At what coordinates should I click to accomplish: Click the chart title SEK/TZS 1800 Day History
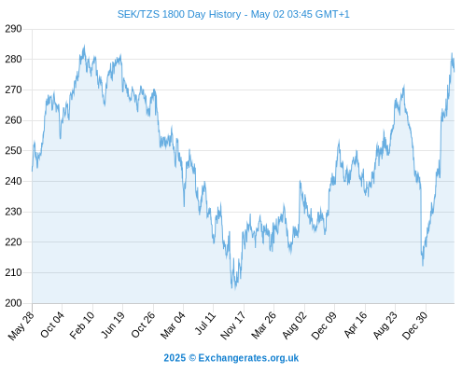179,14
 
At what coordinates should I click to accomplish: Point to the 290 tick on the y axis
13,29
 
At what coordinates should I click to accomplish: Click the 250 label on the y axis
13,151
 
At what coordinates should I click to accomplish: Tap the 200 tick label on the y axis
13,303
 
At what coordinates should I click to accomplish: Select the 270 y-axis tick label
13,90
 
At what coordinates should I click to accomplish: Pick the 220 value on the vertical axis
13,242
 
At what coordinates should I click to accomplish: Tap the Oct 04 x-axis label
52,325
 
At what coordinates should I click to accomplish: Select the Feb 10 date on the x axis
82,325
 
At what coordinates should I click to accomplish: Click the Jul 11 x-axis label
205,324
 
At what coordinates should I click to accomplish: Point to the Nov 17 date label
233,325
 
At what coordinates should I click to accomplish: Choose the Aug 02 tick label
294,325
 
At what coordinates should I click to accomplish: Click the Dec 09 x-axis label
324,325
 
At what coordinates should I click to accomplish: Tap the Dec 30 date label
415,325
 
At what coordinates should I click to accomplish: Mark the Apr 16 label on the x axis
356,325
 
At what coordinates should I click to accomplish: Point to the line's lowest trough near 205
232,288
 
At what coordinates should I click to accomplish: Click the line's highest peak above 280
84,46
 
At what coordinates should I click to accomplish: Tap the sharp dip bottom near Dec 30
423,265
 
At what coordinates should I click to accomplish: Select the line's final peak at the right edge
452,53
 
